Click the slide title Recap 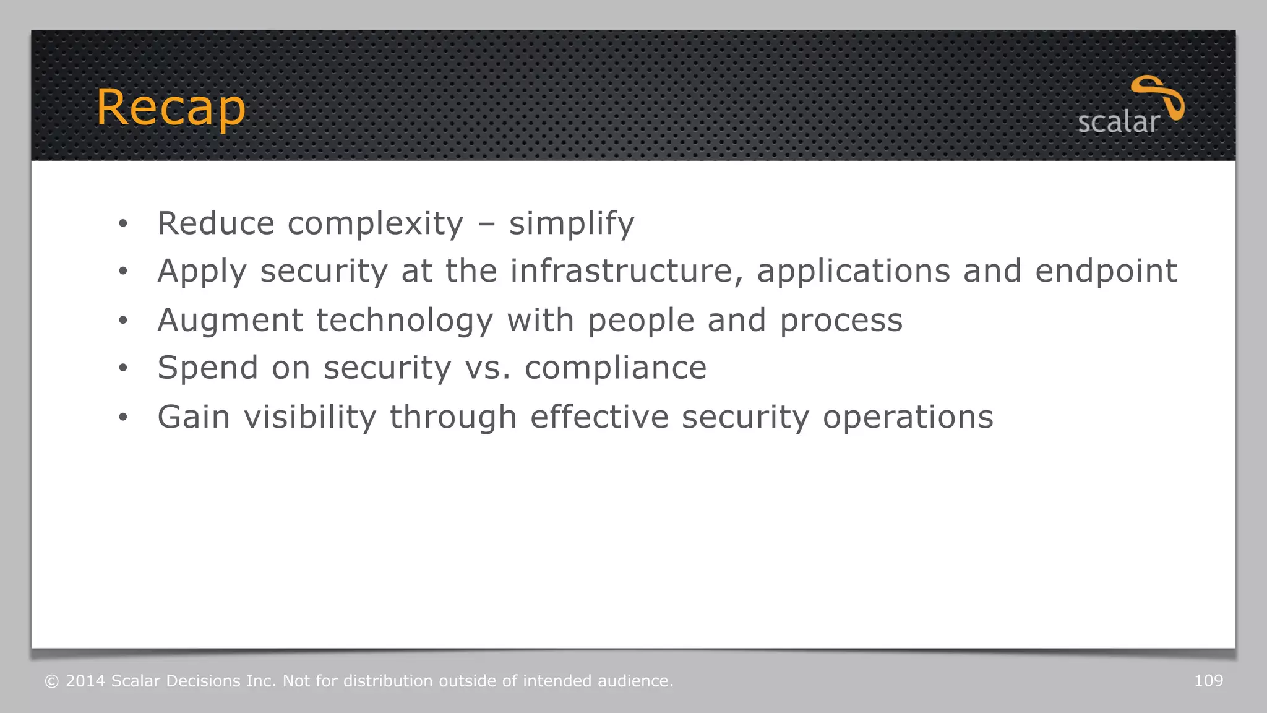click(171, 108)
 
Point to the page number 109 click(1208, 681)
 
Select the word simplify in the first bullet click(572, 223)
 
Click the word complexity click(376, 223)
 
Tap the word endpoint click(1106, 271)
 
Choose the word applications click(854, 271)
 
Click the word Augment click(230, 321)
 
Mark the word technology click(405, 321)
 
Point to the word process click(841, 321)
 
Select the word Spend click(208, 368)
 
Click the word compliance click(616, 368)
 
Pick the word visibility click(310, 417)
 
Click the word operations click(908, 417)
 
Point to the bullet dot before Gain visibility click(123, 418)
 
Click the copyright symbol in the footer click(52, 681)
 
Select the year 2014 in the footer click(85, 681)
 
